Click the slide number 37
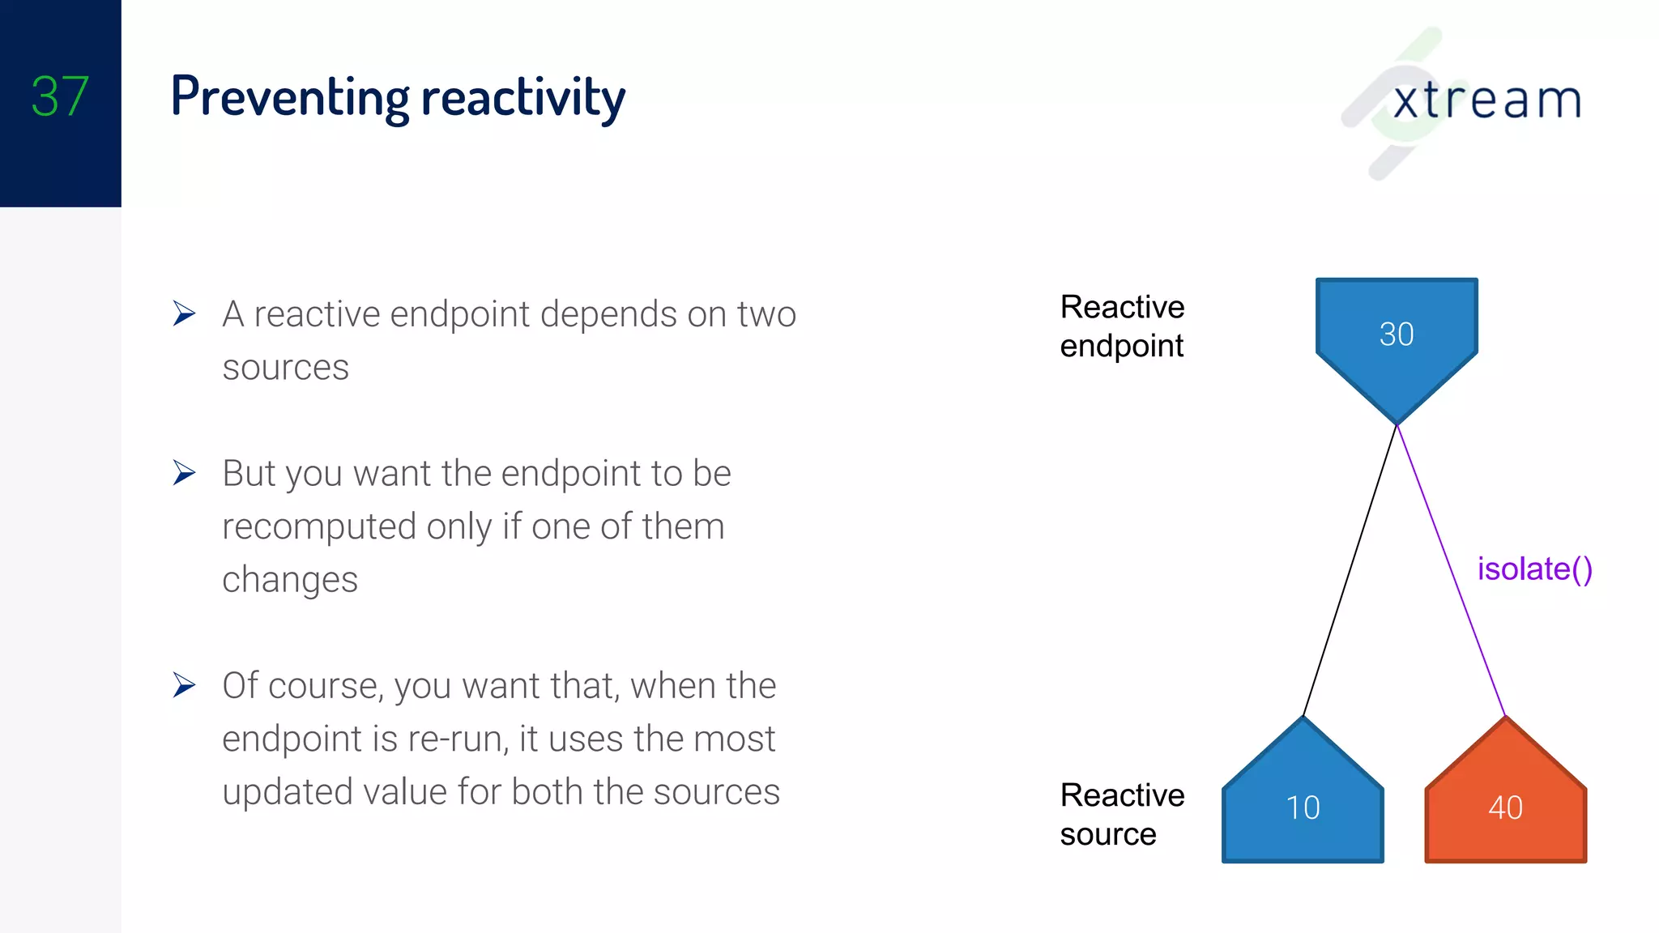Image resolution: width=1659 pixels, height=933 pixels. point(60,96)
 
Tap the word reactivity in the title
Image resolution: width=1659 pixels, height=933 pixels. point(523,98)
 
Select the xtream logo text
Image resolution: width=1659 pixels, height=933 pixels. point(1486,101)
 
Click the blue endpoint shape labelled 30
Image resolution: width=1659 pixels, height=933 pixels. point(1397,334)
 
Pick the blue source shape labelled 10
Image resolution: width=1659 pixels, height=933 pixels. point(1303,807)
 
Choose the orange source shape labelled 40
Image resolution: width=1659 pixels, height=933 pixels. point(1505,807)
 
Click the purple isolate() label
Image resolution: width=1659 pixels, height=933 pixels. point(1534,569)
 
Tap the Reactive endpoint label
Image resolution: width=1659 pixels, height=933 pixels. point(1122,326)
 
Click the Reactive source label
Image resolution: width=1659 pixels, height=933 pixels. point(1122,814)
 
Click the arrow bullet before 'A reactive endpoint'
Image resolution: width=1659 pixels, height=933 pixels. point(185,313)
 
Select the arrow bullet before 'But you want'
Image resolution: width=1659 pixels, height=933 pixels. point(185,472)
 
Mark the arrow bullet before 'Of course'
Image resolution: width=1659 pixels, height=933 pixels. point(185,685)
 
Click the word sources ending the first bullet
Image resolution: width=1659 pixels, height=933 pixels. point(285,368)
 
